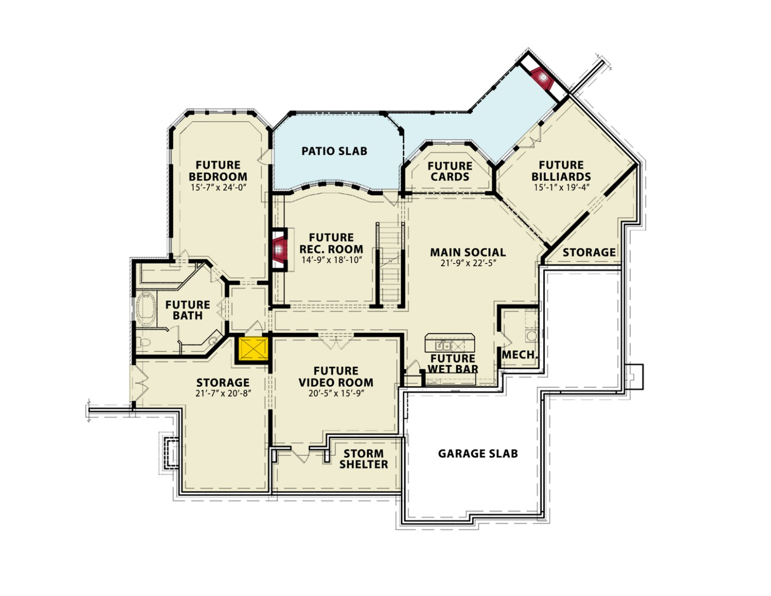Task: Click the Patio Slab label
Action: point(334,151)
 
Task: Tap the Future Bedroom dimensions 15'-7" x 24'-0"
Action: point(218,187)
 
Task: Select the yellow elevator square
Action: point(253,349)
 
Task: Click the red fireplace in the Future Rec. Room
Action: point(279,249)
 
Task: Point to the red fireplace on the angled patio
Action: point(542,79)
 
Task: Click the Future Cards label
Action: point(450,171)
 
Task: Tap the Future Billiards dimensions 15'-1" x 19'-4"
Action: point(561,187)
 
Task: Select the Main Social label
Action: point(467,252)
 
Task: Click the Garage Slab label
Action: point(478,454)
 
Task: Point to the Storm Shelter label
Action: point(364,459)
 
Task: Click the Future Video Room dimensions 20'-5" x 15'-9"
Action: point(336,393)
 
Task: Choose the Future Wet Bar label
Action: point(453,364)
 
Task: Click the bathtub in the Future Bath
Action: point(146,308)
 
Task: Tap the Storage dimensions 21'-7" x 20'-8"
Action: point(223,393)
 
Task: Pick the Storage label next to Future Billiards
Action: point(589,252)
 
